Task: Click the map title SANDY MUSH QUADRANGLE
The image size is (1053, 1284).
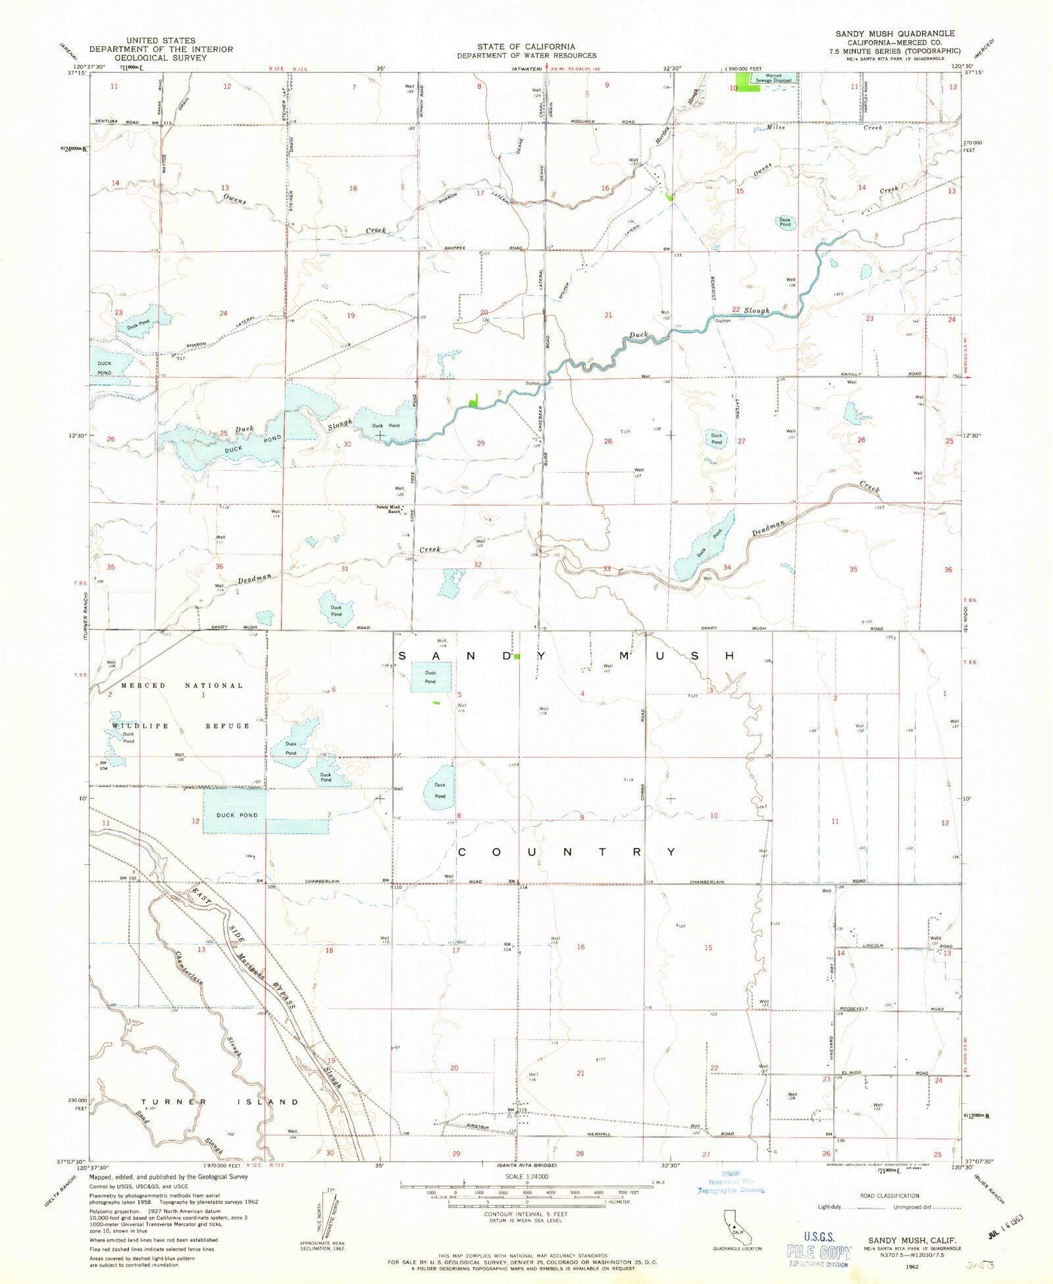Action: tap(895, 34)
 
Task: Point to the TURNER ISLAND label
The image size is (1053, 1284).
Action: tap(220, 1101)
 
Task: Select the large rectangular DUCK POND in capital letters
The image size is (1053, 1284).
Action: tap(237, 815)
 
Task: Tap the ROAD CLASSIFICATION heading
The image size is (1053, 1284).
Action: tap(889, 1195)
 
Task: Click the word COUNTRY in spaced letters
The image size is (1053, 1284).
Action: tap(566, 852)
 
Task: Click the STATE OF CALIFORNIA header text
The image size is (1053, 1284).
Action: tap(526, 47)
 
